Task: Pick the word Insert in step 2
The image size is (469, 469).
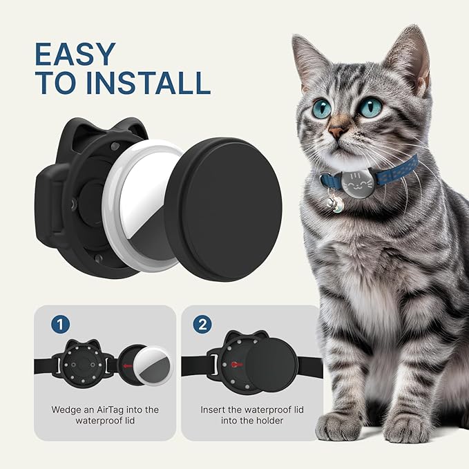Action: [x=213, y=410]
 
